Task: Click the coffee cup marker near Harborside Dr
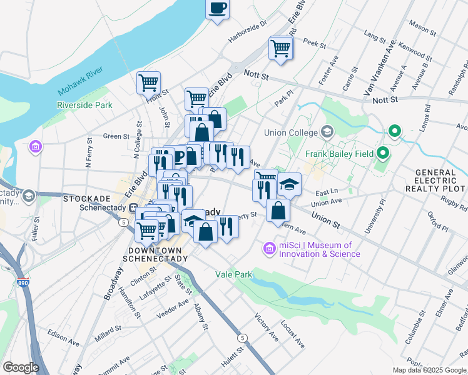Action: [x=217, y=9]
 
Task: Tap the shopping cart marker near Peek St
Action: [x=281, y=47]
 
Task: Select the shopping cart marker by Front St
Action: [x=148, y=82]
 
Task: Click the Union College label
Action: [x=291, y=132]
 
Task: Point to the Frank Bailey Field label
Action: [x=339, y=154]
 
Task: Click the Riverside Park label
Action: [x=84, y=105]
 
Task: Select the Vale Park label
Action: [x=233, y=274]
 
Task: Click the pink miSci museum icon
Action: [x=270, y=249]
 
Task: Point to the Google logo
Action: [x=20, y=367]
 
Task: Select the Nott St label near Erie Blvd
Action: [x=255, y=76]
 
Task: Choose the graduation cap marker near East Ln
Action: [x=289, y=184]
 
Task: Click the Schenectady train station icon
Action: [x=133, y=208]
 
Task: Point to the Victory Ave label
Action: [x=265, y=327]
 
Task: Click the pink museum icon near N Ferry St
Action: [x=36, y=148]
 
